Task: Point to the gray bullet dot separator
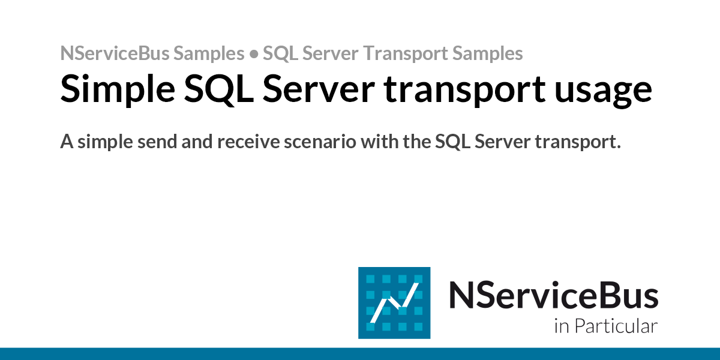pos(254,54)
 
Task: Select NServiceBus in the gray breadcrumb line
pos(115,53)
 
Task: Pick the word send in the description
pos(157,142)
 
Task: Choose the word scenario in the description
pos(320,142)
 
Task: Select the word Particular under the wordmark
pos(616,326)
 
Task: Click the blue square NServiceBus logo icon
pos(394,303)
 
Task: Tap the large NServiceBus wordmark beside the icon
pos(553,295)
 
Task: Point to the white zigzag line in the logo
pos(394,303)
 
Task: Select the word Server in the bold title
pos(319,89)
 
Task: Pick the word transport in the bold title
pos(465,91)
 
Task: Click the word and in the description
pos(197,142)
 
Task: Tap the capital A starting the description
pos(67,142)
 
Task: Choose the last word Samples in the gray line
pos(488,53)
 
